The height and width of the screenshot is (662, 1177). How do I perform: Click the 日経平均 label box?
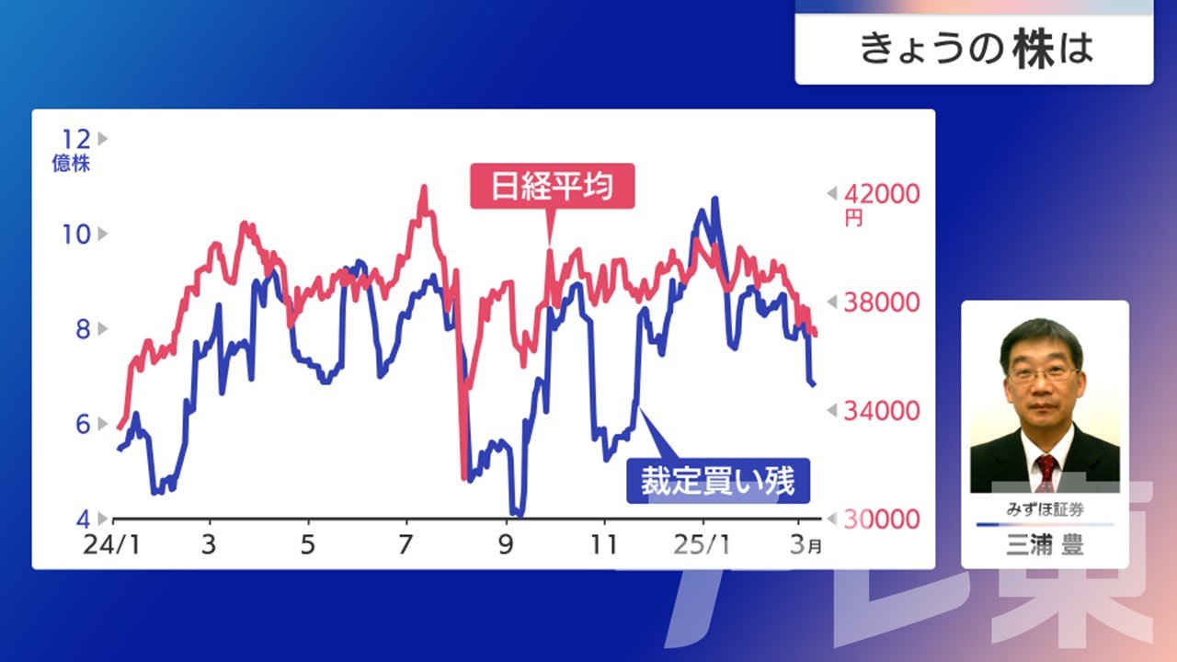[x=553, y=186]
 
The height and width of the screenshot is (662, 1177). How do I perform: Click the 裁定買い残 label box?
[x=718, y=481]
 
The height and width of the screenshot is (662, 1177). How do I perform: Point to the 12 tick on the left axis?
[x=76, y=139]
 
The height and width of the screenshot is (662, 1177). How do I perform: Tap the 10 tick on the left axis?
[x=76, y=234]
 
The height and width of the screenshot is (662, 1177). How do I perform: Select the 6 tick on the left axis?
[x=83, y=424]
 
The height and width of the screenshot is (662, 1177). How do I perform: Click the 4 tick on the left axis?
[x=83, y=519]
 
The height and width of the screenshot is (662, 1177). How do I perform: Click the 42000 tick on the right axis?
[x=882, y=194]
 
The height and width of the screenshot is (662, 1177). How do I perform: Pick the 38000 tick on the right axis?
[x=882, y=302]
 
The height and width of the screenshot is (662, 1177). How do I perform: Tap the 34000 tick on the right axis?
[x=882, y=411]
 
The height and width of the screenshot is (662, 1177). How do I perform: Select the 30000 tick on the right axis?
[x=882, y=519]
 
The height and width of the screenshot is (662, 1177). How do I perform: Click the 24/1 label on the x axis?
[x=112, y=545]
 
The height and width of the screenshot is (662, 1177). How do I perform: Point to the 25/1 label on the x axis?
[x=702, y=545]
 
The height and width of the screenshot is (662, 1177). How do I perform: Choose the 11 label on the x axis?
[x=604, y=545]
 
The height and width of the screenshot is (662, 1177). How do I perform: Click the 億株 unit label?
[x=71, y=164]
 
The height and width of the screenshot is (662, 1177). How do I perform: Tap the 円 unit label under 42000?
[x=853, y=218]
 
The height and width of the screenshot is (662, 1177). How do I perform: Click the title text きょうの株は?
[x=977, y=49]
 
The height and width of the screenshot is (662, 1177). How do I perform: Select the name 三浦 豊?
[x=1045, y=544]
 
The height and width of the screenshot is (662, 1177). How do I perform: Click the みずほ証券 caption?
[x=1045, y=509]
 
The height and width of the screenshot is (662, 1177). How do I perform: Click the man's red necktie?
[x=1046, y=473]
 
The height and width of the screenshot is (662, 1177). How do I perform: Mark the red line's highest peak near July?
[x=424, y=187]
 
